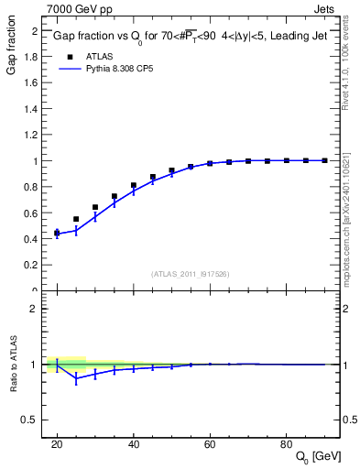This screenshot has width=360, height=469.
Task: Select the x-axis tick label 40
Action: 134,443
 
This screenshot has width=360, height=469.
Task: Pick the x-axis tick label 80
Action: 286,443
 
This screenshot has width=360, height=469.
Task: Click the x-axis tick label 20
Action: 57,443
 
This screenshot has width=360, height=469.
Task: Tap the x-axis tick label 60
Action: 210,443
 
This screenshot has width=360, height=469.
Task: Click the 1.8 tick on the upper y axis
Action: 34,57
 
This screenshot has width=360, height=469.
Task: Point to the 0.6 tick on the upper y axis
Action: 34,213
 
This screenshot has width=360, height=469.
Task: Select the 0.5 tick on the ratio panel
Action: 34,420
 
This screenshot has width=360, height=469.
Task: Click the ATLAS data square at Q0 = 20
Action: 57,233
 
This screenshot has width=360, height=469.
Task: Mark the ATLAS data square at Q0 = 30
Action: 95,207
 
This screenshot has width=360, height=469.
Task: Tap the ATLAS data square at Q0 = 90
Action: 324,160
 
